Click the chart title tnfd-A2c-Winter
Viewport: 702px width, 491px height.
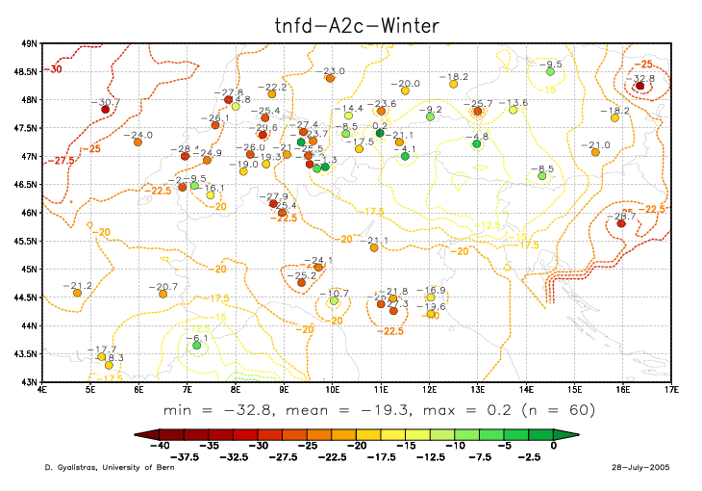(354, 20)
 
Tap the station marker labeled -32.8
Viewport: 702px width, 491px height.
(639, 86)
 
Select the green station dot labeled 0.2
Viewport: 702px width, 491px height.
(380, 133)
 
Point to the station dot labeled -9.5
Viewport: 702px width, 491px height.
(550, 71)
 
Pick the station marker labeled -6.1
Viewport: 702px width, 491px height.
(196, 345)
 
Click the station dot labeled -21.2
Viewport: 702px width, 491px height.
(77, 293)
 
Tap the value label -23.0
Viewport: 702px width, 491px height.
(334, 72)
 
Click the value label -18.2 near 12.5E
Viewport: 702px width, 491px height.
(455, 76)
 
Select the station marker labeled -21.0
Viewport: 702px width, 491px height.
(595, 152)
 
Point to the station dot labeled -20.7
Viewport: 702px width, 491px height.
(163, 294)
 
